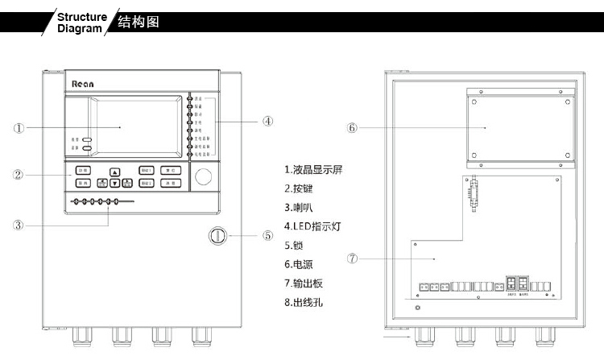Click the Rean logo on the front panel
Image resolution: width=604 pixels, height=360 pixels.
point(83,83)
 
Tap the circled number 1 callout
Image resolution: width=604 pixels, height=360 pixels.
point(19,127)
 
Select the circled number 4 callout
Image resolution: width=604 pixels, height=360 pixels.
point(267,122)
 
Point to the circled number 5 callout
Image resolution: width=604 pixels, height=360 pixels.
point(267,236)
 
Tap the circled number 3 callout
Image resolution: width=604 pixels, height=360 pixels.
point(19,225)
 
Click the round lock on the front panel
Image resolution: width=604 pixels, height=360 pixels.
point(217,236)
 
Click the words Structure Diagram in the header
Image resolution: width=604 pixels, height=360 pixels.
point(82,22)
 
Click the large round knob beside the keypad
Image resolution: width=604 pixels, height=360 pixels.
point(205,176)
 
